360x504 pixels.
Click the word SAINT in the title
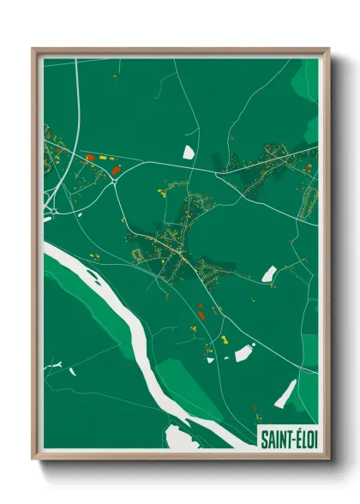[274, 439]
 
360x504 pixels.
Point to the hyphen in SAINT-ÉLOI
[289, 440]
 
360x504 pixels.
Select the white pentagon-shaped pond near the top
[189, 152]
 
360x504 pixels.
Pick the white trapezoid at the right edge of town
[269, 273]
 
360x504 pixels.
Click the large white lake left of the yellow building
[244, 351]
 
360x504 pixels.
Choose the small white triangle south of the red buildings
[209, 360]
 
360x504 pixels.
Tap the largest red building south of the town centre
[201, 315]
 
